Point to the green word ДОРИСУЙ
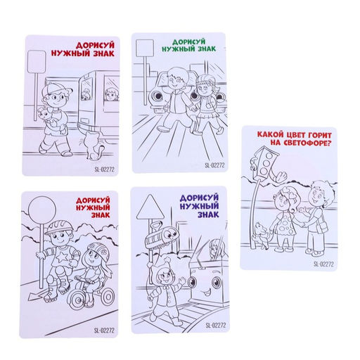pyautogui.click(x=189, y=42)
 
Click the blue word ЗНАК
pyautogui.click(x=208, y=214)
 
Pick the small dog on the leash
pyautogui.click(x=262, y=236)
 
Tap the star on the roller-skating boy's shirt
pyautogui.click(x=63, y=257)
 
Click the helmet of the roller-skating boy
pyautogui.click(x=58, y=226)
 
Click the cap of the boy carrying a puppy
pyautogui.click(x=56, y=89)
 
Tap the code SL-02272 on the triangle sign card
pyautogui.click(x=216, y=326)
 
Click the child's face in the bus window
pyautogui.click(x=110, y=94)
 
